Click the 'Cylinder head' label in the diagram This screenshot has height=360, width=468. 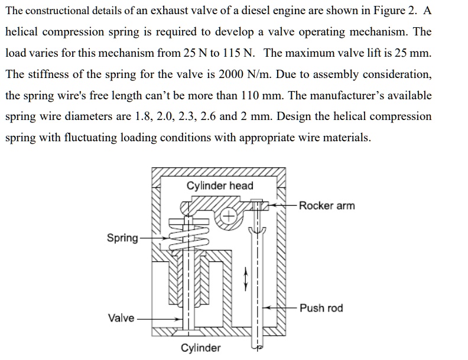pos(220,186)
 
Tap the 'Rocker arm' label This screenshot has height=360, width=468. pos(327,205)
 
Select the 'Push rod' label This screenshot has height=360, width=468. pos(321,308)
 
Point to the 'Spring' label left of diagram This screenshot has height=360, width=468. pos(122,238)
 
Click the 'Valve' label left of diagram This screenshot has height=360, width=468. pos(121,318)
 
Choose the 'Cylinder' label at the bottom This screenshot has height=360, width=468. pos(200,348)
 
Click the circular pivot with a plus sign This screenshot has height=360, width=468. pos(229,216)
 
